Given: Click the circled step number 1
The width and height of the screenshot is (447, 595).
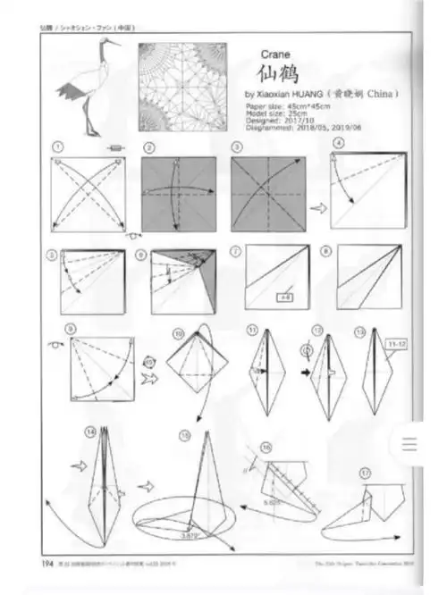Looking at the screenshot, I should coord(58,147).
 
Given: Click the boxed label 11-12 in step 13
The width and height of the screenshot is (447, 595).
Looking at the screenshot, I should coord(391,342).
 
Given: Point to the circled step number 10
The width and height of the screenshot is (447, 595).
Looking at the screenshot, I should coord(178,334).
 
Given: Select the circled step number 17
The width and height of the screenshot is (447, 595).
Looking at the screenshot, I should coord(366,472).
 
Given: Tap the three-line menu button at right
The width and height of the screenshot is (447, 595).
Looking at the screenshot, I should coord(410,444).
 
